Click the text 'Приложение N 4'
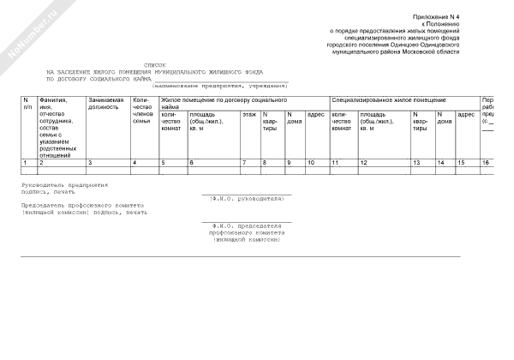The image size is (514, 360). [x=436, y=17]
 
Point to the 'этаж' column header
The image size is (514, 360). [x=248, y=114]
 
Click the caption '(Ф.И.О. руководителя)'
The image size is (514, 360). [x=247, y=198]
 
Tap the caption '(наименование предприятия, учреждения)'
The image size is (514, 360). [x=220, y=86]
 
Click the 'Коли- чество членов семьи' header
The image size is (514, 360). [x=142, y=111]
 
